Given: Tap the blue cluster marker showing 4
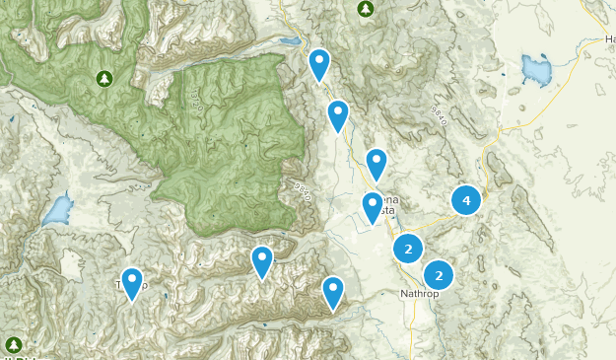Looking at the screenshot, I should point(466,200).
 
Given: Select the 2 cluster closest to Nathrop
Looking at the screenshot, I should point(440,273).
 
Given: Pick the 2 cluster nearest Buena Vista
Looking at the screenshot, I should point(408,249).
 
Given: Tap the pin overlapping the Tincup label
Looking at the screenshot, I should point(131,283).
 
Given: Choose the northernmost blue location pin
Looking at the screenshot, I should point(319,65).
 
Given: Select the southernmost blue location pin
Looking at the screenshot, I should point(334,291).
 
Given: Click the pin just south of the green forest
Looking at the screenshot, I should point(261,261).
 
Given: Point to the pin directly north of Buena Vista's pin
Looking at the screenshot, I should point(376,164).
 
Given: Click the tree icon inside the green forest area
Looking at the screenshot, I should point(105,77).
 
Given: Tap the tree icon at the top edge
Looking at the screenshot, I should point(366,8).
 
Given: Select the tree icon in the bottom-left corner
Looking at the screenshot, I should point(13,344).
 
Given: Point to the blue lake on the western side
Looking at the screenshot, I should point(58,209).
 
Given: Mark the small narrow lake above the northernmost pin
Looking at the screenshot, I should point(289,42).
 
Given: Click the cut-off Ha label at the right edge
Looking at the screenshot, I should point(608,39).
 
